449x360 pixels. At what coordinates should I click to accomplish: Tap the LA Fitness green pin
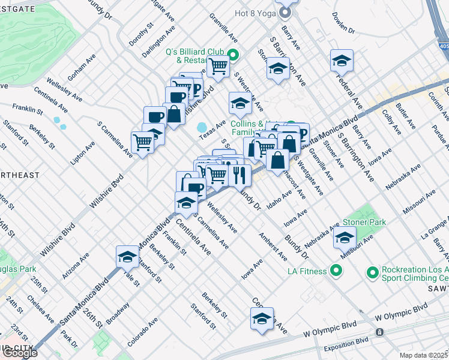336,272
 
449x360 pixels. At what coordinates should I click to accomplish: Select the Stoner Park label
364,221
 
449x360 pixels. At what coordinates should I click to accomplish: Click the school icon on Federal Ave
342,61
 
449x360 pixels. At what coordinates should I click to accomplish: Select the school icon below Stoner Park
345,238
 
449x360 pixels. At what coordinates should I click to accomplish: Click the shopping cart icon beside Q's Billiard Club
218,67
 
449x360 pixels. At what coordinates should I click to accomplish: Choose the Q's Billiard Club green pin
235,56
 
